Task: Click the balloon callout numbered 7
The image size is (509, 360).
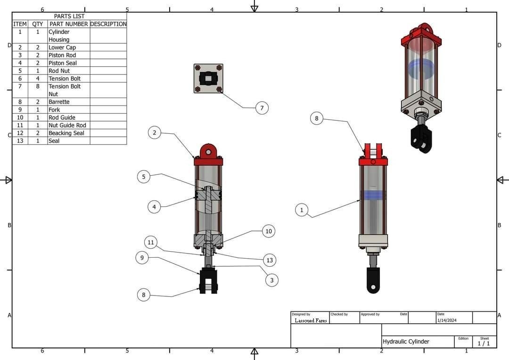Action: tap(262, 108)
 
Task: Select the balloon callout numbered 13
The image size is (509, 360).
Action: tap(270, 260)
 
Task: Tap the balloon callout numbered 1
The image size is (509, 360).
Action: tap(302, 210)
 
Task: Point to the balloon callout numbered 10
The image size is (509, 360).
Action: tap(269, 231)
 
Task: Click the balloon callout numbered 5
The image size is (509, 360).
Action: tap(144, 177)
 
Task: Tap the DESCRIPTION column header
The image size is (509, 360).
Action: tap(108, 24)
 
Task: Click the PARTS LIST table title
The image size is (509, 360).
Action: tap(69, 16)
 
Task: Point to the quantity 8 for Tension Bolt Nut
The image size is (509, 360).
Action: tap(38, 87)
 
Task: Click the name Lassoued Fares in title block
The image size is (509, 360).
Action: tap(311, 320)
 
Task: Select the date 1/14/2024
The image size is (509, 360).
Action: tap(447, 320)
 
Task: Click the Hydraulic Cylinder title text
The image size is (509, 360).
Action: tap(406, 342)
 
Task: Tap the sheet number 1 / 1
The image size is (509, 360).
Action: tap(484, 344)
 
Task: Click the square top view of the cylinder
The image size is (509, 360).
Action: tap(208, 79)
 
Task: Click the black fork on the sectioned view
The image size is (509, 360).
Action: tap(208, 281)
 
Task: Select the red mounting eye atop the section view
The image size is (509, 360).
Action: tap(208, 152)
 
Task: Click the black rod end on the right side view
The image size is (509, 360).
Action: tap(373, 281)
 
